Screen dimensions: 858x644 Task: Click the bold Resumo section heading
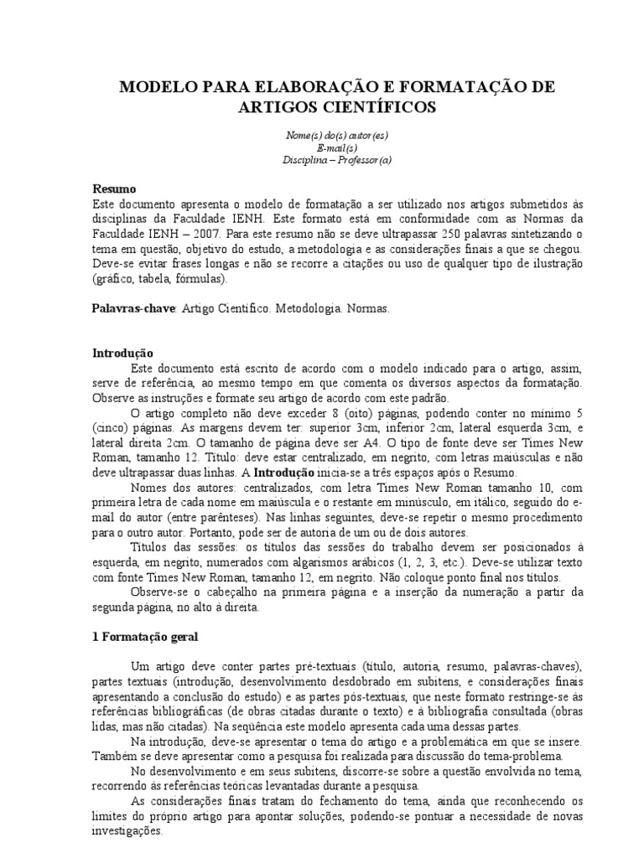coord(113,189)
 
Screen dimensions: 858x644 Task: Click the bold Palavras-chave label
coord(132,308)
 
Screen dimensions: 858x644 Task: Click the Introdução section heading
coord(122,354)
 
